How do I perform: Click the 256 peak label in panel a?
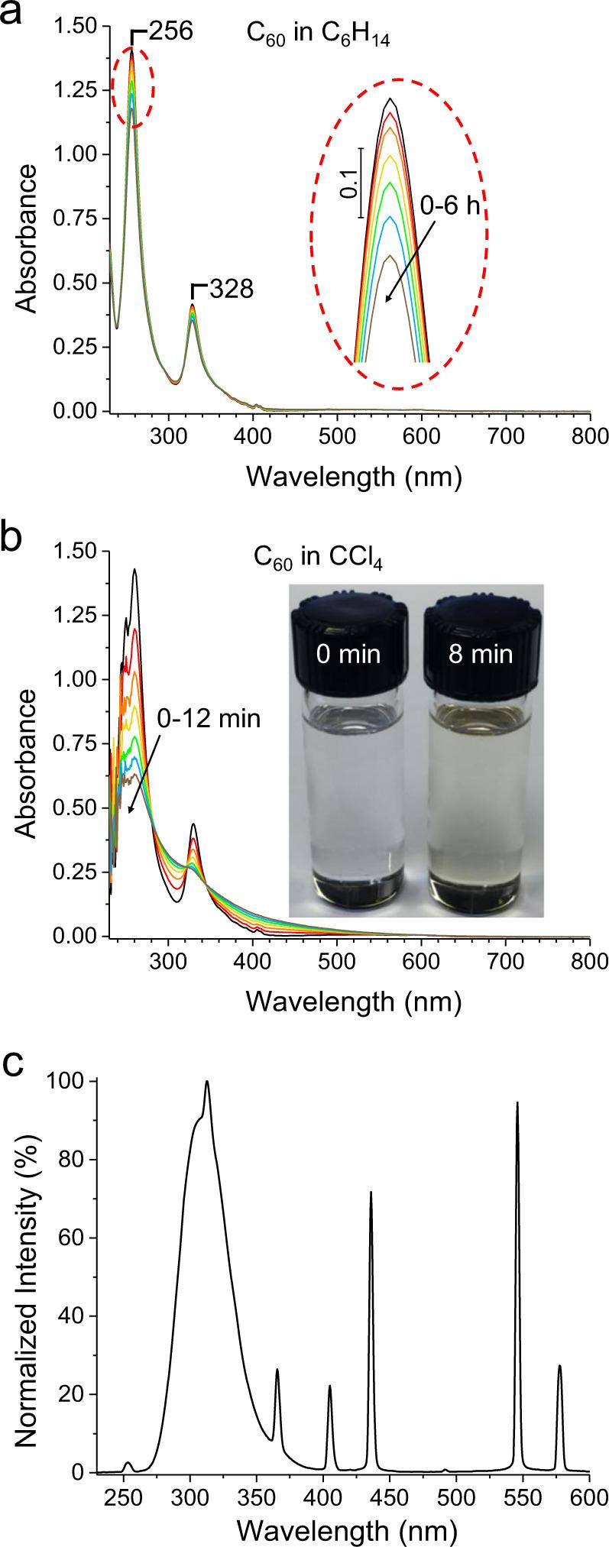171,31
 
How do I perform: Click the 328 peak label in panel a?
231,290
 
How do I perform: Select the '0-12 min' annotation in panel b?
209,718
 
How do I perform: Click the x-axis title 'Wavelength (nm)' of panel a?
354,475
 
